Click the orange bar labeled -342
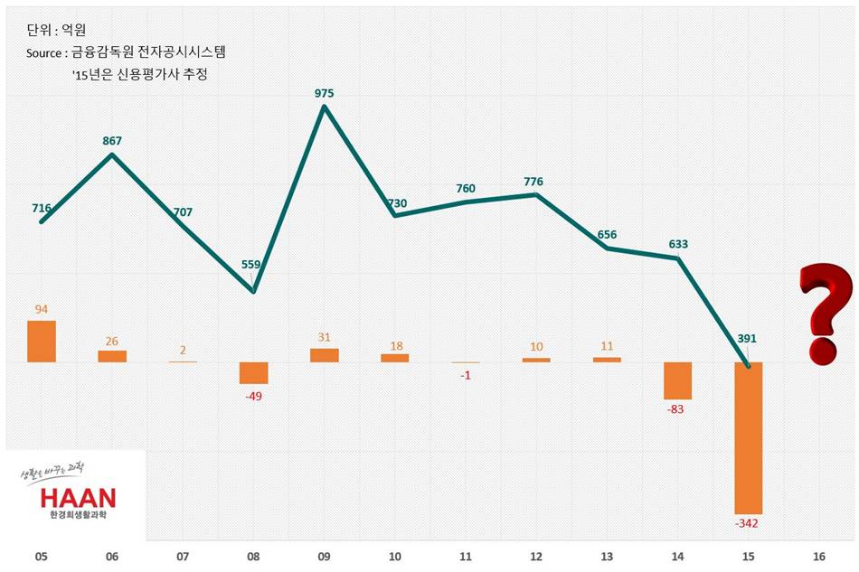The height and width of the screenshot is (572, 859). [x=748, y=437]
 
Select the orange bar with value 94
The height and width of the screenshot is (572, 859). [x=42, y=342]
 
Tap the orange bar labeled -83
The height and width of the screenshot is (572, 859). [x=677, y=380]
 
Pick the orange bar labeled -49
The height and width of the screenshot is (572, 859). [x=253, y=373]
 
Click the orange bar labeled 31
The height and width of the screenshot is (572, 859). [x=324, y=355]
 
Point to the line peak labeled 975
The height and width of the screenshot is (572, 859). [x=324, y=107]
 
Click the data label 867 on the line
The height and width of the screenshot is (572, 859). [x=112, y=140]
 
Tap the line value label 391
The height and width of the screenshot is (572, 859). [x=747, y=339]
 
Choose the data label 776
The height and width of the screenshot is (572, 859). [x=533, y=182]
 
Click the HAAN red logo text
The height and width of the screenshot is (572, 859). [x=78, y=498]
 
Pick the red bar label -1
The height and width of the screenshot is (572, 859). [x=465, y=376]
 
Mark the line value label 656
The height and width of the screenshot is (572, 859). [x=607, y=235]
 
